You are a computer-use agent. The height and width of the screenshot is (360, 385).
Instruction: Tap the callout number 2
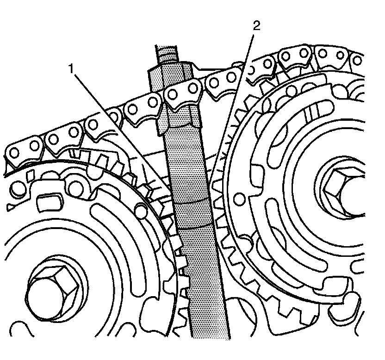(x=256, y=26)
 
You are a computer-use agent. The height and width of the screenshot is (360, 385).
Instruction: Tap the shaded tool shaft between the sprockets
(x=199, y=259)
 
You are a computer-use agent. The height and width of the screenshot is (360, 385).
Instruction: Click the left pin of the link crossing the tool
(x=173, y=95)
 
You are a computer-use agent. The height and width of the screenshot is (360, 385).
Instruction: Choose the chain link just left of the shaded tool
(x=141, y=108)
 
